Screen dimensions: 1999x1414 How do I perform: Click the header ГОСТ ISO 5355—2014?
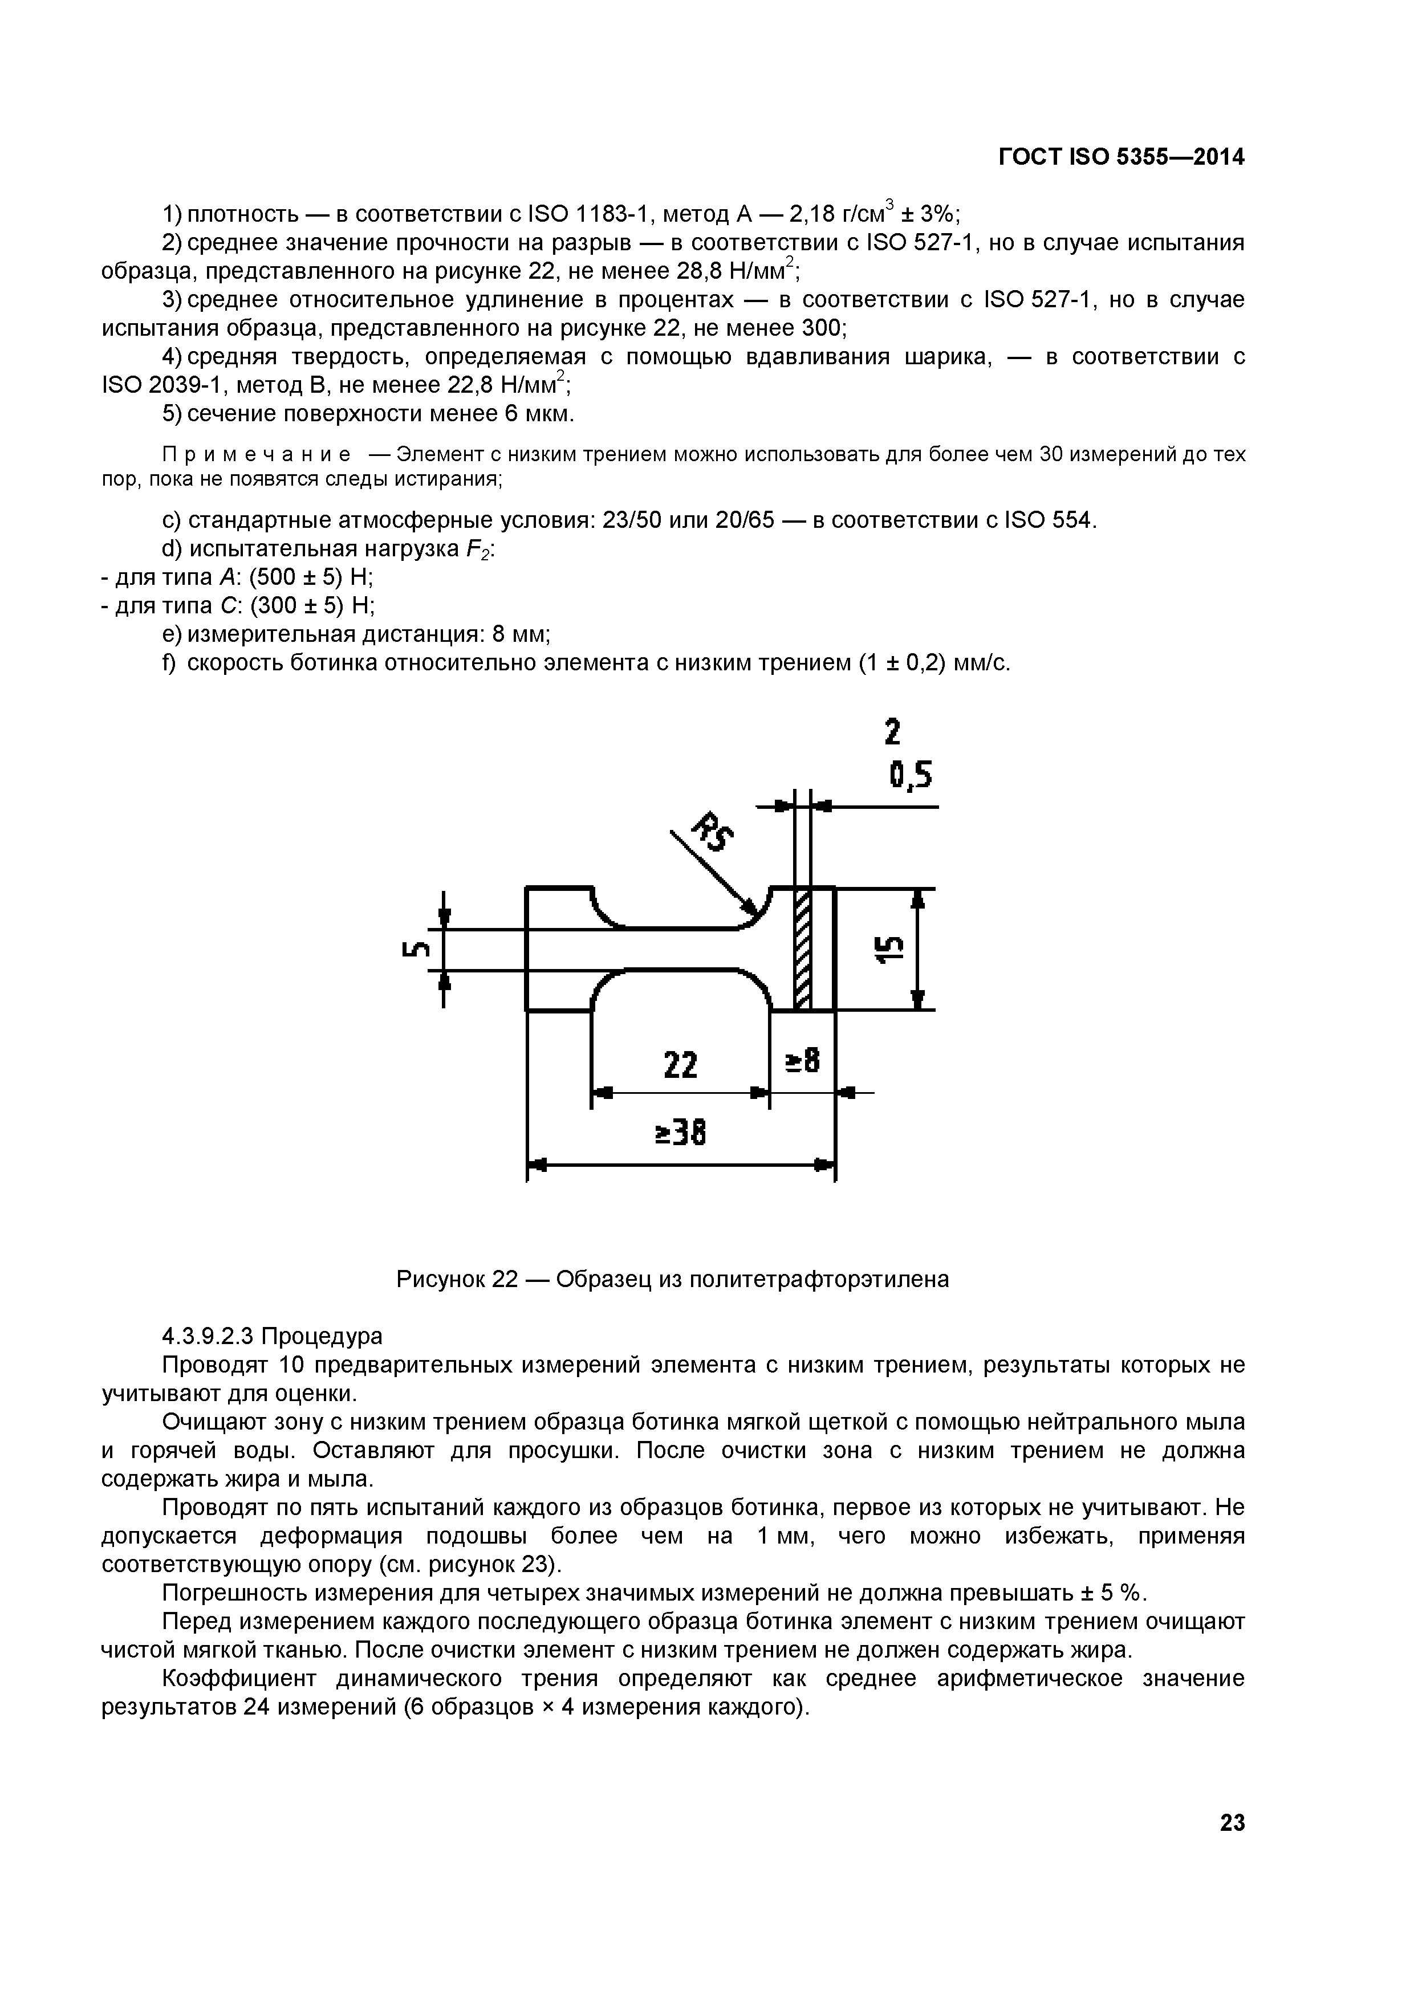coord(1120,157)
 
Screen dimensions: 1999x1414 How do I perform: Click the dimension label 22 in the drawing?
coord(680,1064)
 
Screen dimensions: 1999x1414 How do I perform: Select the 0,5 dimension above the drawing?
coord(910,774)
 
